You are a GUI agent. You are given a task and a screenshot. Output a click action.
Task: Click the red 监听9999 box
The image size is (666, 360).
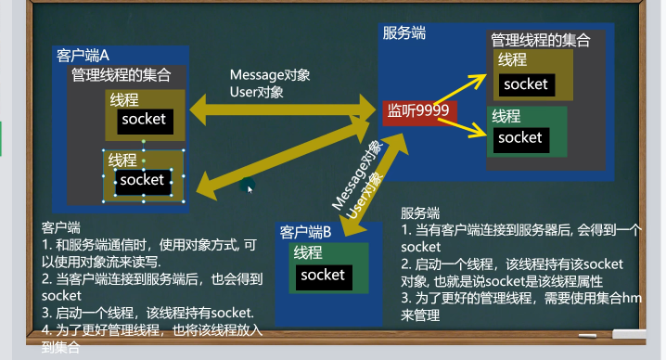(418, 111)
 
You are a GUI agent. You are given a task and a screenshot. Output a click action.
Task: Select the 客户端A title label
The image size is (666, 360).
(83, 55)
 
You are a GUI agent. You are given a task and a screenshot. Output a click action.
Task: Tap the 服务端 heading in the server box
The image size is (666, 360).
(404, 33)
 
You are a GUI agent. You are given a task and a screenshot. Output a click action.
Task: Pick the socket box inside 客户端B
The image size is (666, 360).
(322, 275)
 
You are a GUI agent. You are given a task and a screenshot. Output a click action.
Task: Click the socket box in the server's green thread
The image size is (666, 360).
(519, 138)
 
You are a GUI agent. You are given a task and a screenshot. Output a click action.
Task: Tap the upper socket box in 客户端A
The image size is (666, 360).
(143, 119)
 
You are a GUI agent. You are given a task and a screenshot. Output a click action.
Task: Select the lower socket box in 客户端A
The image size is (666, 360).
(142, 180)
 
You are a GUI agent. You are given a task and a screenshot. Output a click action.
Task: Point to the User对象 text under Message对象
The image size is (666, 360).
(256, 92)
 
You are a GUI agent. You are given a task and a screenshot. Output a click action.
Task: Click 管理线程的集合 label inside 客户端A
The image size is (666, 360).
(121, 74)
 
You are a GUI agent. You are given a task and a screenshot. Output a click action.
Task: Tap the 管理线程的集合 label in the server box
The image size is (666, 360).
(540, 40)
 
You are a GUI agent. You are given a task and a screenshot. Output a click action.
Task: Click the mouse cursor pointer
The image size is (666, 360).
(249, 187)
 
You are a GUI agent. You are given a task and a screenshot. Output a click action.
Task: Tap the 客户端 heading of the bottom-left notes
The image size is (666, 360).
(61, 226)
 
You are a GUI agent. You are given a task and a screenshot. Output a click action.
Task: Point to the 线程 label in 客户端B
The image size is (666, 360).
(308, 252)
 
